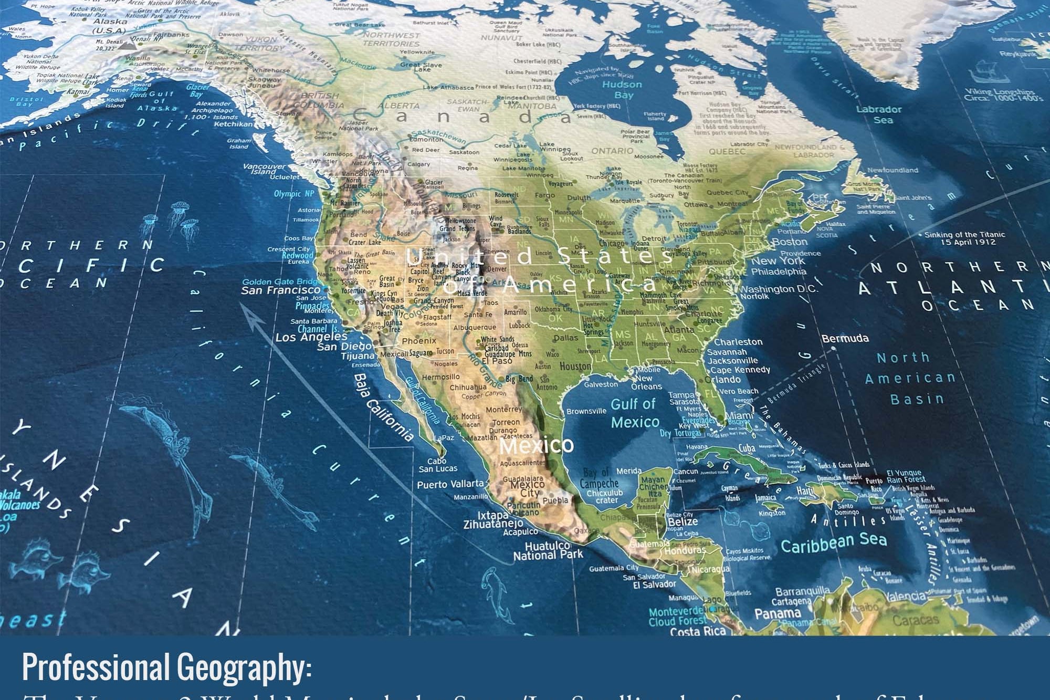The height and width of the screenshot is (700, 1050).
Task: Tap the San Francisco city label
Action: point(280,290)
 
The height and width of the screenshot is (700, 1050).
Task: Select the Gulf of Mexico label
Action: point(634,413)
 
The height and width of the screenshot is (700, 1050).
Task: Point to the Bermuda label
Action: point(845,339)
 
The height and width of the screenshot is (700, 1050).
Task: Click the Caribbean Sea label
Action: point(833,542)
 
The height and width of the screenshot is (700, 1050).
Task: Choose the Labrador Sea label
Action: point(879,114)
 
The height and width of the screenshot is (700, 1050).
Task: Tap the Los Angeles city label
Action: point(311,337)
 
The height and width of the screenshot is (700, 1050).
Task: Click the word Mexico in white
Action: point(536,446)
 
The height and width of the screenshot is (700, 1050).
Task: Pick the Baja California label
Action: point(383,408)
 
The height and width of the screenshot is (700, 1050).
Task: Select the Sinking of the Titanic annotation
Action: point(964,238)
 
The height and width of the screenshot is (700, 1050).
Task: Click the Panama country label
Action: point(778,613)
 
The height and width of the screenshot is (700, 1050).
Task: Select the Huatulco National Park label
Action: point(548,550)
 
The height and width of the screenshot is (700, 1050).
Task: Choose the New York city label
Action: point(778,261)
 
